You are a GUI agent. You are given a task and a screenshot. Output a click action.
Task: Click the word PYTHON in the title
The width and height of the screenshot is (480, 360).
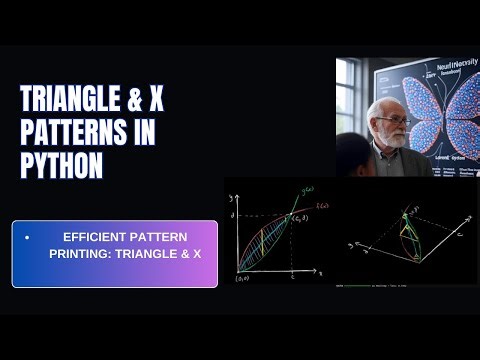coord(62,167)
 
